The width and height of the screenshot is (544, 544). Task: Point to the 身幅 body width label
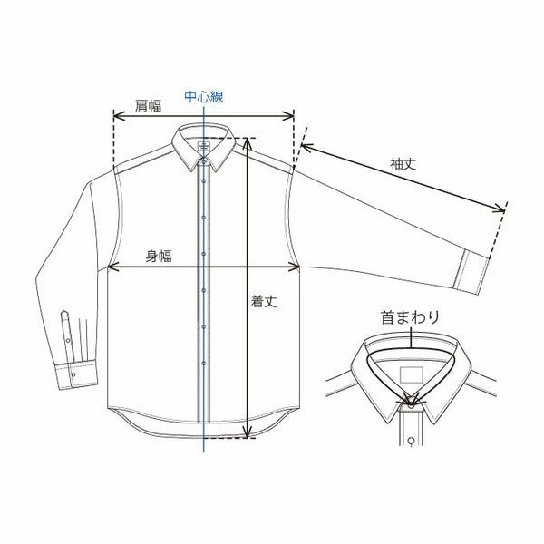[159, 257]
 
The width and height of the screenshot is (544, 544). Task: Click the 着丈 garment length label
[264, 304]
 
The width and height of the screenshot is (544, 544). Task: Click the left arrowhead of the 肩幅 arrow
[115, 116]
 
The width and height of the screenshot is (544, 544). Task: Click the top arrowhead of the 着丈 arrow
[248, 142]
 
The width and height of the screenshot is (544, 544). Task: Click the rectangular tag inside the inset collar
[410, 375]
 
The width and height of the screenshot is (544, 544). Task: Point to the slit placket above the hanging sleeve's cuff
[65, 326]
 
